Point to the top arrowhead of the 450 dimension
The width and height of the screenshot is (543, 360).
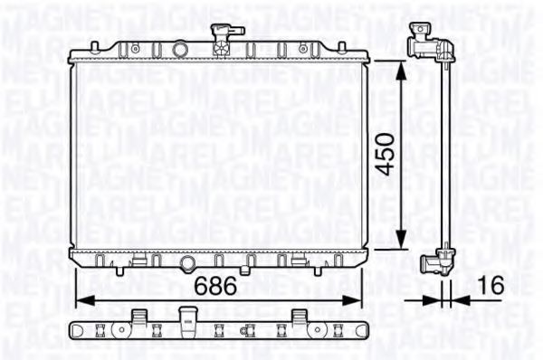click(x=401, y=64)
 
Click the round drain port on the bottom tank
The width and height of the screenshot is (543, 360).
click(x=186, y=263)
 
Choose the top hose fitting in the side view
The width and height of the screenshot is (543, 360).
click(x=422, y=41)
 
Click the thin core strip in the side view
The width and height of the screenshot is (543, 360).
click(x=444, y=154)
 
